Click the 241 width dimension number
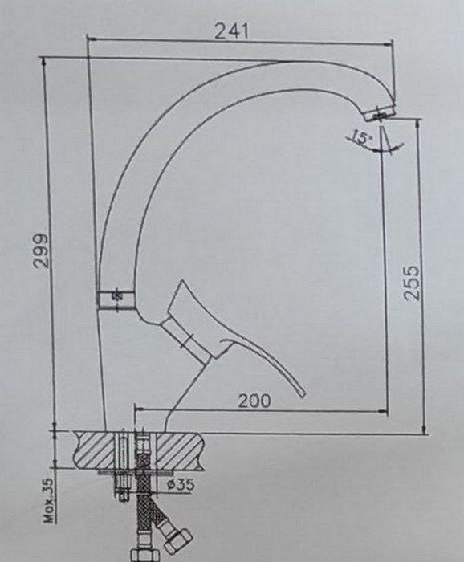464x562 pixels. (x=231, y=31)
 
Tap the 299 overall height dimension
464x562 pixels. (x=40, y=250)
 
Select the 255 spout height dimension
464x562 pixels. (x=410, y=283)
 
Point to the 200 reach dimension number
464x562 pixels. (x=254, y=401)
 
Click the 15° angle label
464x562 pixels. (x=361, y=137)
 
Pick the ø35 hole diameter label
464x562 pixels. (x=181, y=484)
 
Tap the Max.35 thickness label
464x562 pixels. (x=49, y=500)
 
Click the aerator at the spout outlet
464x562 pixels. (x=380, y=114)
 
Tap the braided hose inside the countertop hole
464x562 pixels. (x=143, y=452)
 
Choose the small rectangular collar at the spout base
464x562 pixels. (x=116, y=299)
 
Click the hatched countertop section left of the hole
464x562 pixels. (x=96, y=450)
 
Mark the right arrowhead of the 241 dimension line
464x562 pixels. (x=389, y=44)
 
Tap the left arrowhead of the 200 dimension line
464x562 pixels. (x=139, y=408)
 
